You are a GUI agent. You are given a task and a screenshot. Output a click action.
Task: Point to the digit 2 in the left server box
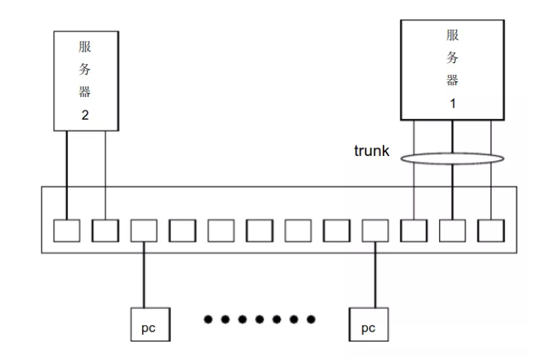click(85, 114)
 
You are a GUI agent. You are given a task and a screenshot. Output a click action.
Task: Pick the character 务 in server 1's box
click(453, 57)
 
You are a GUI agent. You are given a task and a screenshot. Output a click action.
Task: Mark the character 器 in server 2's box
click(85, 92)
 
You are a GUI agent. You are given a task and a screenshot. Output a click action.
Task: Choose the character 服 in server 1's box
click(453, 36)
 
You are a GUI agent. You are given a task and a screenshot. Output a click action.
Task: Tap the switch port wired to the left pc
click(144, 229)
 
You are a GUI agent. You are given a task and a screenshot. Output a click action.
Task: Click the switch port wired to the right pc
click(375, 229)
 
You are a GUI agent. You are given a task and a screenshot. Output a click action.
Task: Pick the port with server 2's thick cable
click(67, 229)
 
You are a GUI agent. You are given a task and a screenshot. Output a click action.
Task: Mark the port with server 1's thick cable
click(452, 229)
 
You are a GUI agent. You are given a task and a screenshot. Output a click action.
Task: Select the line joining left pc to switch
click(144, 274)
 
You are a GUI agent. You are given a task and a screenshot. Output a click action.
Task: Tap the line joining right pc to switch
click(375, 274)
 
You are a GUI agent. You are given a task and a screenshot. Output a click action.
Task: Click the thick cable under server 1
click(452, 185)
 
